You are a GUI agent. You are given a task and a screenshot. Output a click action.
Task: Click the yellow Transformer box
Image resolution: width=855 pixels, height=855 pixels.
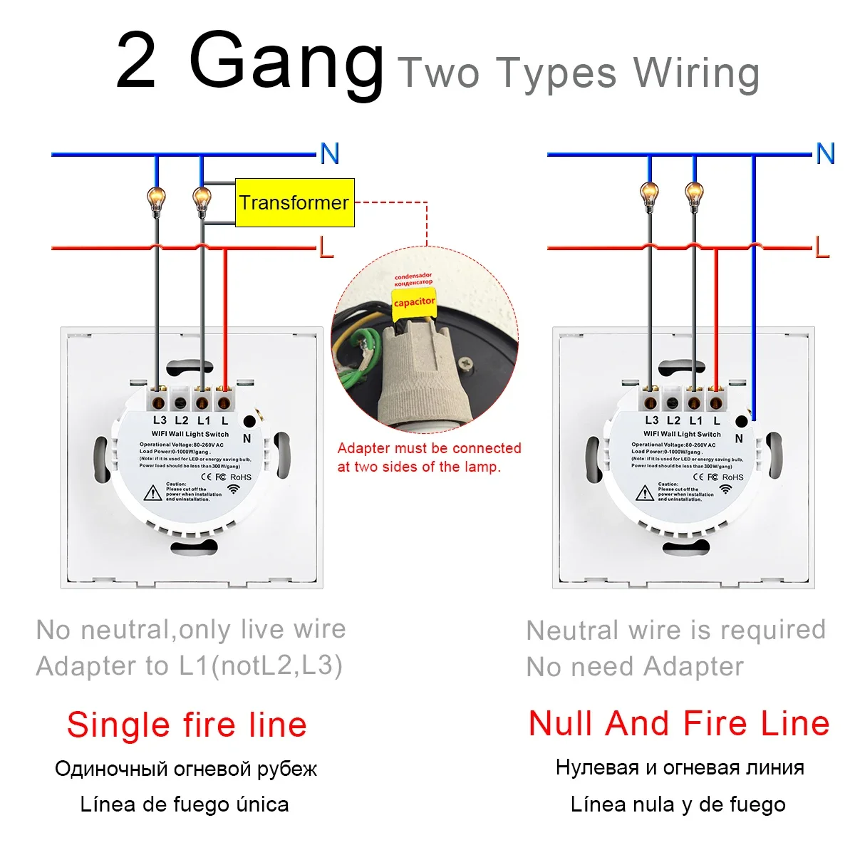pyautogui.click(x=295, y=203)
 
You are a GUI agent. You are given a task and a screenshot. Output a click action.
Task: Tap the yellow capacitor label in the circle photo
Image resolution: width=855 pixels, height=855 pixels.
pyautogui.click(x=414, y=301)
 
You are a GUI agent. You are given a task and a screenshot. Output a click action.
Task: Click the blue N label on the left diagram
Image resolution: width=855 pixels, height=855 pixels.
pyautogui.click(x=329, y=153)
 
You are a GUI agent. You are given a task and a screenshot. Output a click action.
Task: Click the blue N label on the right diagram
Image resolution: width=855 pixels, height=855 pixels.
pyautogui.click(x=825, y=153)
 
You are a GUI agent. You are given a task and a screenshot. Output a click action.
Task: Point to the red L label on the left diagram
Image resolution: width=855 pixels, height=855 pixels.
pyautogui.click(x=326, y=247)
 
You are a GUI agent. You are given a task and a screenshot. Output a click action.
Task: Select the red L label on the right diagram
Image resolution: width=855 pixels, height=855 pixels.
pyautogui.click(x=822, y=247)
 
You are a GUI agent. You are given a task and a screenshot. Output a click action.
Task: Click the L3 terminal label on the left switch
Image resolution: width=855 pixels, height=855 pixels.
pyautogui.click(x=160, y=421)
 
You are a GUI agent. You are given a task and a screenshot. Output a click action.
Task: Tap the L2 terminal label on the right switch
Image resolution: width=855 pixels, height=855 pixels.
pyautogui.click(x=673, y=421)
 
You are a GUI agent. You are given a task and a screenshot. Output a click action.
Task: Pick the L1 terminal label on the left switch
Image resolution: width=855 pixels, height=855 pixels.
pyautogui.click(x=204, y=421)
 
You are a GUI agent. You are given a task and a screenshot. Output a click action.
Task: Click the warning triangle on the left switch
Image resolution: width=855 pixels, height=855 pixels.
pyautogui.click(x=153, y=492)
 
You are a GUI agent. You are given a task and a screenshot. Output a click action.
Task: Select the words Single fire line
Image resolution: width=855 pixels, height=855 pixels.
pyautogui.click(x=187, y=725)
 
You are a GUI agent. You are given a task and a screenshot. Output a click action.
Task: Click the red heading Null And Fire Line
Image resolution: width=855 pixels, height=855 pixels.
pyautogui.click(x=679, y=723)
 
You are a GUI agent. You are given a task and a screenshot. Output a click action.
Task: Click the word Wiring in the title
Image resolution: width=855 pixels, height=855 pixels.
pyautogui.click(x=697, y=73)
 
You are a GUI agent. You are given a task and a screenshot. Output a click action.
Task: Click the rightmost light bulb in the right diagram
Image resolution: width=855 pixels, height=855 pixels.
pyautogui.click(x=693, y=194)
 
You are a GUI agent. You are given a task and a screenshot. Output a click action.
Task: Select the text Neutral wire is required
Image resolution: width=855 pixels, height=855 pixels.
pyautogui.click(x=675, y=630)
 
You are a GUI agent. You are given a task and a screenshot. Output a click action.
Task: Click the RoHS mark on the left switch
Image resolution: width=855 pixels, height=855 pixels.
pyautogui.click(x=241, y=477)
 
